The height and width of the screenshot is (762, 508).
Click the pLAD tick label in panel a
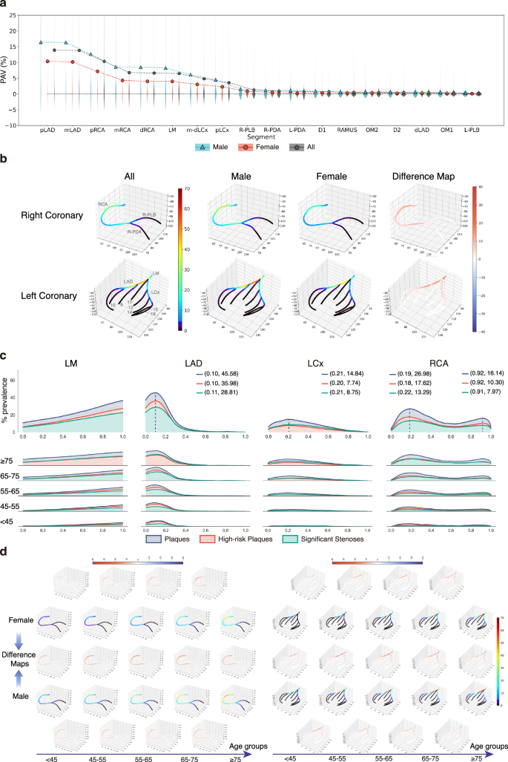[46, 128]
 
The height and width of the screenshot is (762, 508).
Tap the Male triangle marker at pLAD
[41, 42]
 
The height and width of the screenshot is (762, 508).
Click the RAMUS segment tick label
[346, 128]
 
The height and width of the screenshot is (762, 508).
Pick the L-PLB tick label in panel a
[472, 128]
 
